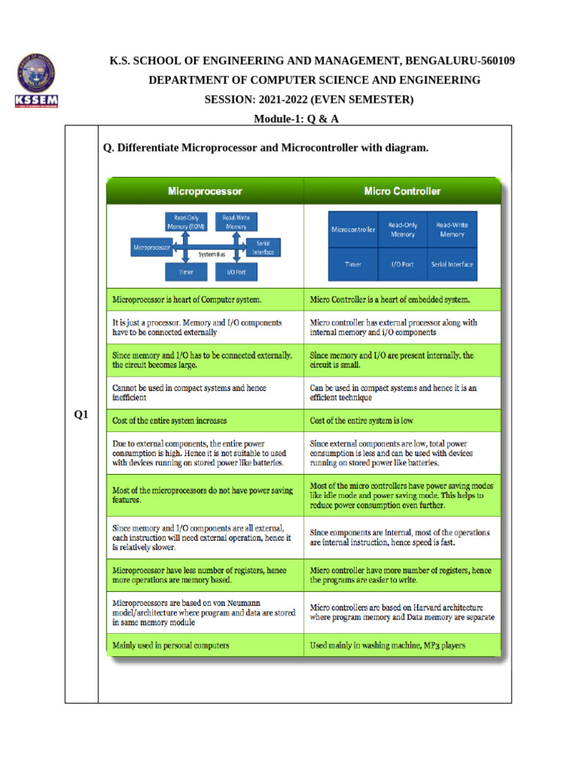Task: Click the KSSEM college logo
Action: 36,82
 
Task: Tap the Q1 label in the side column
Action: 81,415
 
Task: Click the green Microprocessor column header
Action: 205,191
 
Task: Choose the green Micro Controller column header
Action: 402,191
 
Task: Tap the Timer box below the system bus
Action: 186,272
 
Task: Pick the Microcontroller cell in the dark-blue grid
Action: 353,229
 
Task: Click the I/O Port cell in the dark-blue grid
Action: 402,264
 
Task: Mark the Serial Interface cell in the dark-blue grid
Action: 451,264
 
